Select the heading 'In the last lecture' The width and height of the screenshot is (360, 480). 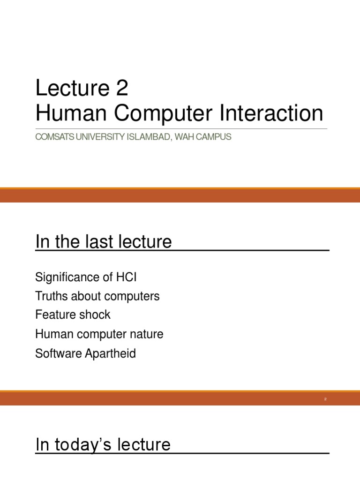104,242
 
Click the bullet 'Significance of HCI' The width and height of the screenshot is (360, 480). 86,277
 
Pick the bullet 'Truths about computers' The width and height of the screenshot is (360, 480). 97,296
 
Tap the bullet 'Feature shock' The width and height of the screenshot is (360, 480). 73,315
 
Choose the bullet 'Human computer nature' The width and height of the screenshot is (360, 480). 99,334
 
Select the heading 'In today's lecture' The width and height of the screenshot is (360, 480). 103,444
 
